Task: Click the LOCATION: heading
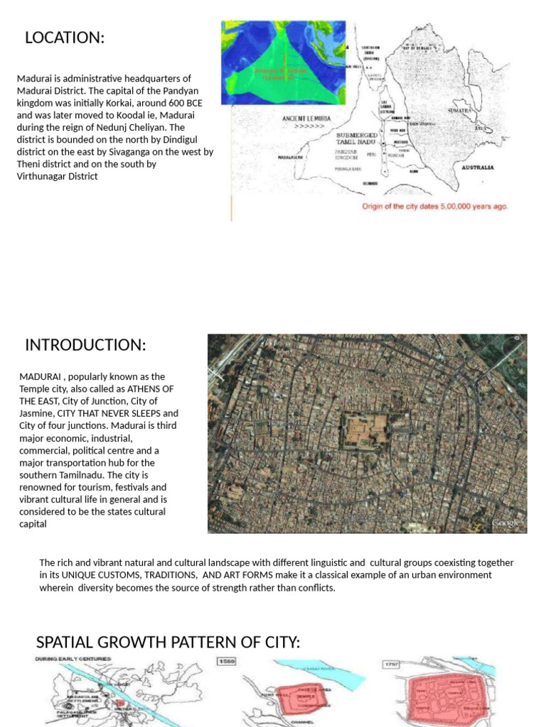coord(65,38)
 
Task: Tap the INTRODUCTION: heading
coord(85,346)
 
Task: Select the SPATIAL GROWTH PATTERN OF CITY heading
coord(168,643)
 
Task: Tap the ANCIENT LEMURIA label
coord(305,119)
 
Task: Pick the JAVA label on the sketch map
coord(484,129)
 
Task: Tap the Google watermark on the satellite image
coord(508,523)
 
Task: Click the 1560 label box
coord(226,661)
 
